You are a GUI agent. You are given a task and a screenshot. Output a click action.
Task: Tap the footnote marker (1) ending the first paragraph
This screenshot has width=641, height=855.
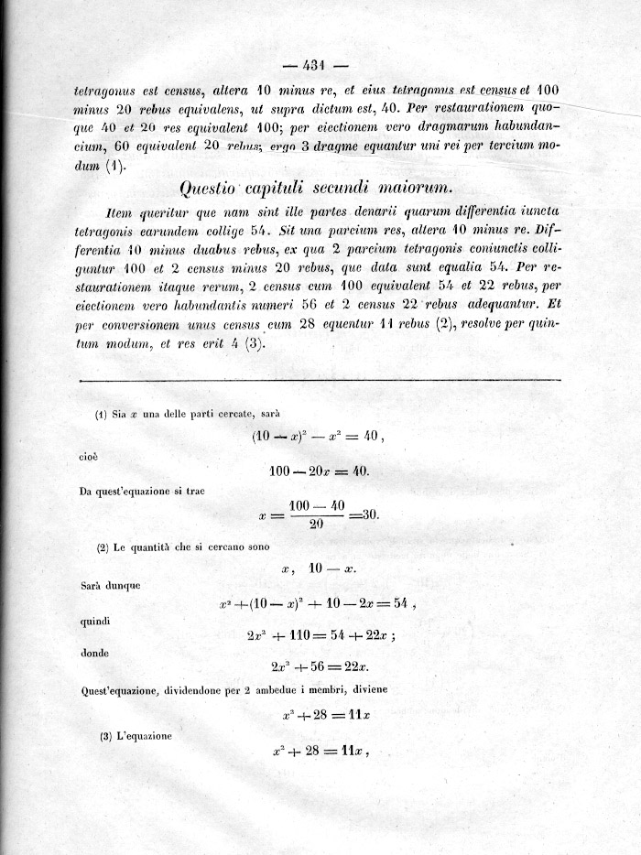[114, 166]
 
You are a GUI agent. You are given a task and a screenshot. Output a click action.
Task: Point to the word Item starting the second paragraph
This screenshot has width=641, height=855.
[121, 211]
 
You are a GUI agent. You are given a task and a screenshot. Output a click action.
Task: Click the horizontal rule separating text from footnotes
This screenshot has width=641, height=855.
[320, 379]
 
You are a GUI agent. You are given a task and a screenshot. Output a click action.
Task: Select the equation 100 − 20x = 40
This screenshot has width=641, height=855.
[319, 471]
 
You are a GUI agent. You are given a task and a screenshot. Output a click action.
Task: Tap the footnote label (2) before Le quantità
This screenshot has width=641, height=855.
[104, 548]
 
